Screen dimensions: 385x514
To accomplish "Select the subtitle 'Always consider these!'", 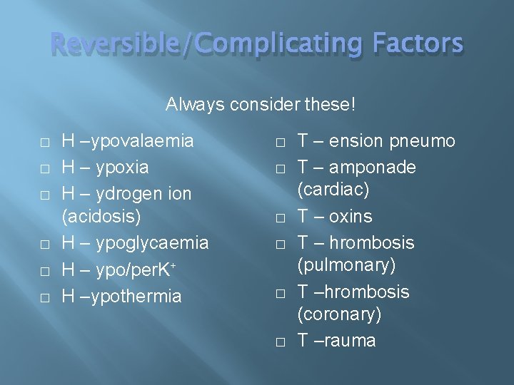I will tap(260, 105).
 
